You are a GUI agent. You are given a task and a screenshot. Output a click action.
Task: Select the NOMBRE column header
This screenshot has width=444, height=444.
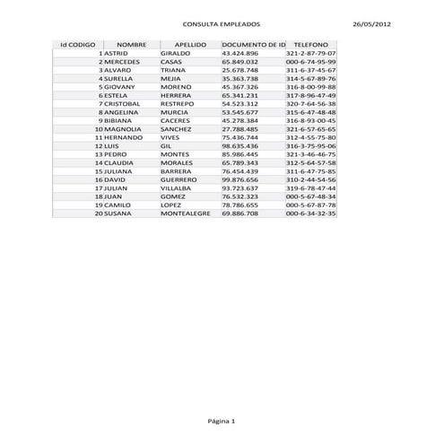click(131, 44)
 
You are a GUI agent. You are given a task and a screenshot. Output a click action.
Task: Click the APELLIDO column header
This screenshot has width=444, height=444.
click(190, 44)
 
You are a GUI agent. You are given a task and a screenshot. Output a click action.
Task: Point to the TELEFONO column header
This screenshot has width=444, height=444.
click(310, 44)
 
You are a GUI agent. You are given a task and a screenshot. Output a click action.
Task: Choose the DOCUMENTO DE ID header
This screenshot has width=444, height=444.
click(253, 44)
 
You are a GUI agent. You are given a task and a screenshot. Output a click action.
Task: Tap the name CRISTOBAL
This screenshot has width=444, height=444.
click(123, 104)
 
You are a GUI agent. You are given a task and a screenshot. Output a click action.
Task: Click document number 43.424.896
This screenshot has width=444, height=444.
click(239, 53)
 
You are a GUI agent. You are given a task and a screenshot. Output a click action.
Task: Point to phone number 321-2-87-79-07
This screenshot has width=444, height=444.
click(310, 53)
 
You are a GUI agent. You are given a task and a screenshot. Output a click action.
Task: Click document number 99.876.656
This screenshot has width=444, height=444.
click(239, 179)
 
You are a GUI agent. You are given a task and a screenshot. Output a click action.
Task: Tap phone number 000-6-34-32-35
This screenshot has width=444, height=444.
click(310, 213)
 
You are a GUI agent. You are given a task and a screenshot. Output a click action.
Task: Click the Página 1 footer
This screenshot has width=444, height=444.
click(222, 421)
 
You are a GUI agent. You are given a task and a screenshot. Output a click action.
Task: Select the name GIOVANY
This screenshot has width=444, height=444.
click(119, 87)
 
